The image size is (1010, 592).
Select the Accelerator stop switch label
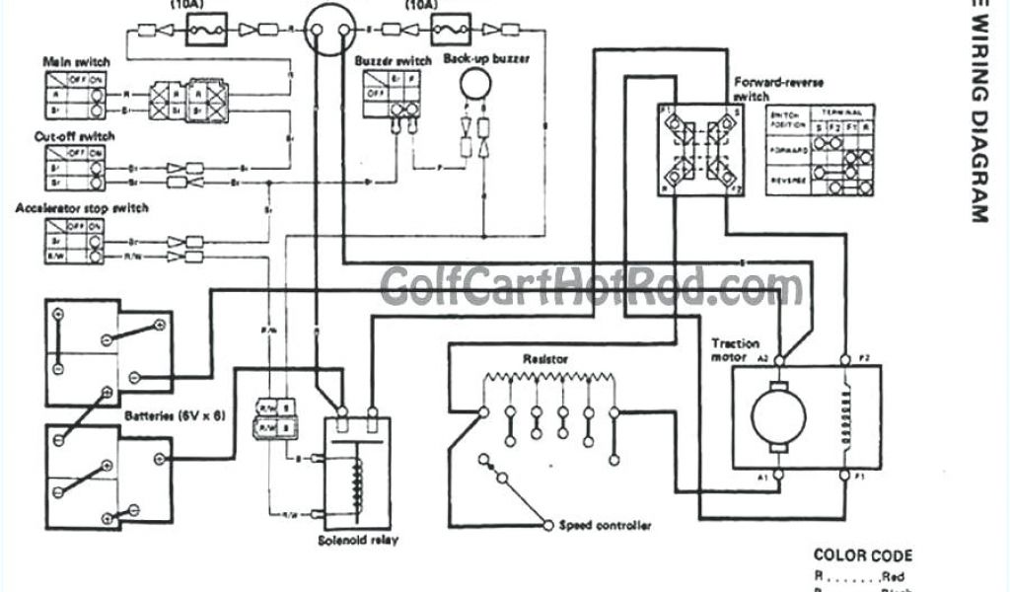(82, 208)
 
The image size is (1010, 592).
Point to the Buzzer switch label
(393, 61)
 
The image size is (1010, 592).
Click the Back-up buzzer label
(486, 59)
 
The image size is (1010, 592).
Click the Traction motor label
(735, 350)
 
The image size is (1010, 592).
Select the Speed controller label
(605, 526)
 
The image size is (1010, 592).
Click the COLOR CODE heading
(863, 556)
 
